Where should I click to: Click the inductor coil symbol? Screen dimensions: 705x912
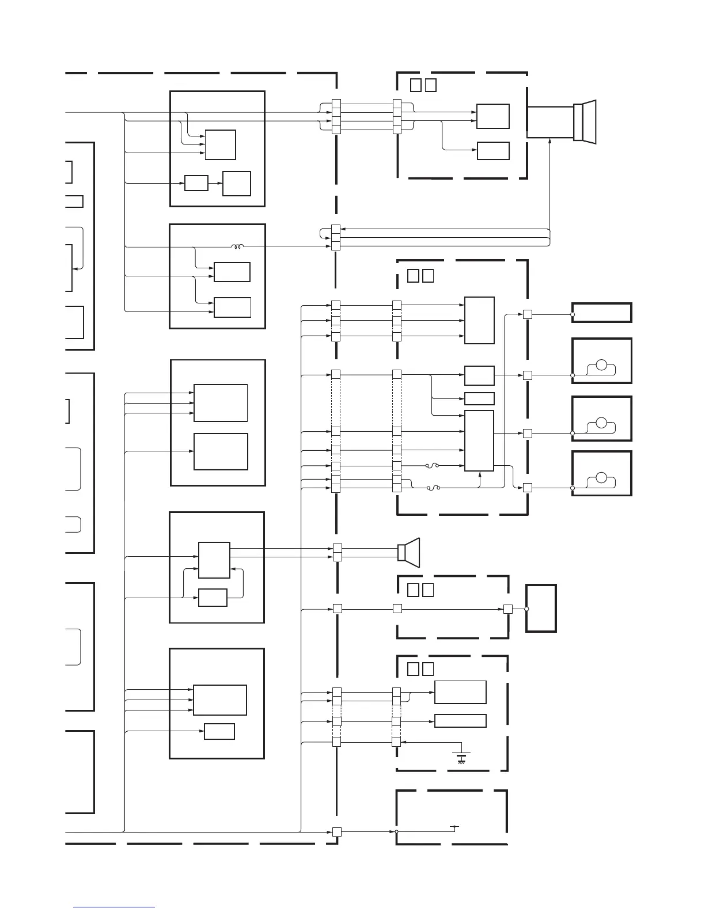pos(237,247)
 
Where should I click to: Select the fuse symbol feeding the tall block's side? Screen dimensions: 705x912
pos(432,466)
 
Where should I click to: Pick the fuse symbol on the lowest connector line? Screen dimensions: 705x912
pos(433,488)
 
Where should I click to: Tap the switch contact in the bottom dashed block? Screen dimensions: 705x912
pos(454,828)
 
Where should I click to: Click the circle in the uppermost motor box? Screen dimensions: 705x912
pos(601,364)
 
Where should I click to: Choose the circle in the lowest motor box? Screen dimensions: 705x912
pos(601,477)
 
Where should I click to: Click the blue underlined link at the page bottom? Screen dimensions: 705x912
pos(114,908)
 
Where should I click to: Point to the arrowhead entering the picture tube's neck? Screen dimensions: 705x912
pos(551,142)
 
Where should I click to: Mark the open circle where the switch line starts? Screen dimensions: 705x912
pos(396,831)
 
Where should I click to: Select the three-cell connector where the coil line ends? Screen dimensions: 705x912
pos(336,238)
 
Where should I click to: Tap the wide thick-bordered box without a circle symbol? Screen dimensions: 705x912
pos(601,313)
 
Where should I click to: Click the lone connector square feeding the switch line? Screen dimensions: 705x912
pos(337,831)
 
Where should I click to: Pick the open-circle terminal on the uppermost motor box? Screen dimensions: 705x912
pos(573,375)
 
